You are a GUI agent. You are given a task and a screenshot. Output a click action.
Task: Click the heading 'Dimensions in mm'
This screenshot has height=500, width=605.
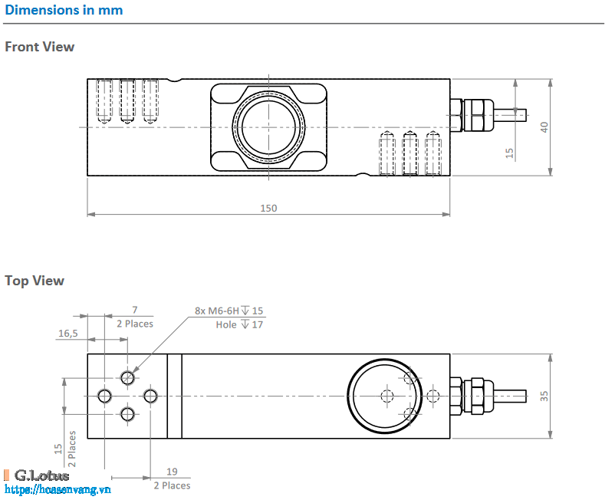pos(64,11)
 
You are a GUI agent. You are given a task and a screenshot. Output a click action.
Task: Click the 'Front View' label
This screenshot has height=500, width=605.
pos(40,47)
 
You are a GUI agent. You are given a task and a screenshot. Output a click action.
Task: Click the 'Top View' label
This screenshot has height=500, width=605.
pos(35,281)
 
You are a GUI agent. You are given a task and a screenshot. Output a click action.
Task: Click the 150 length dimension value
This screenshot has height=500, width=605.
pos(268,208)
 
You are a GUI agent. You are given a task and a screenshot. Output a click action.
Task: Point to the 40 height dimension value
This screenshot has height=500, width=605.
pos(544,127)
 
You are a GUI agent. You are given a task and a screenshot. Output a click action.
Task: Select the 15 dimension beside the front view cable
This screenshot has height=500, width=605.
pos(510,153)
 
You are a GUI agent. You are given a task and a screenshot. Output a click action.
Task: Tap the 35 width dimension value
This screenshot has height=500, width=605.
pos(544,396)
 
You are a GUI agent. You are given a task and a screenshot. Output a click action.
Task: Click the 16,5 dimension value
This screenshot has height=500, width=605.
pos(68,334)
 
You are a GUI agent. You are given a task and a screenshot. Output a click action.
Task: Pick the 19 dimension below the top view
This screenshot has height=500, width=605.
pos(172,473)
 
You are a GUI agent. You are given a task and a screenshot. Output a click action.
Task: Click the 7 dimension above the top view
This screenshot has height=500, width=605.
pos(135,310)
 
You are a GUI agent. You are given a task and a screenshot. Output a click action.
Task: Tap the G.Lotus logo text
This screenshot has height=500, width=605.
pos(41,475)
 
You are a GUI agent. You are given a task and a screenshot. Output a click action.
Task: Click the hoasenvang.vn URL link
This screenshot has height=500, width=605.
pos(58,489)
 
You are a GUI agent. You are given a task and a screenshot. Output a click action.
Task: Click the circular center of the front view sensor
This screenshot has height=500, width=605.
pos(269,127)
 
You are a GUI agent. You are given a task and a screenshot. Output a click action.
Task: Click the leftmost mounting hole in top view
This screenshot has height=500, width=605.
pos(104,396)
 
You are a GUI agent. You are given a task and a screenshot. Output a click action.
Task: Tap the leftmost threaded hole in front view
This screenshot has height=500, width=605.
pos(104,100)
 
